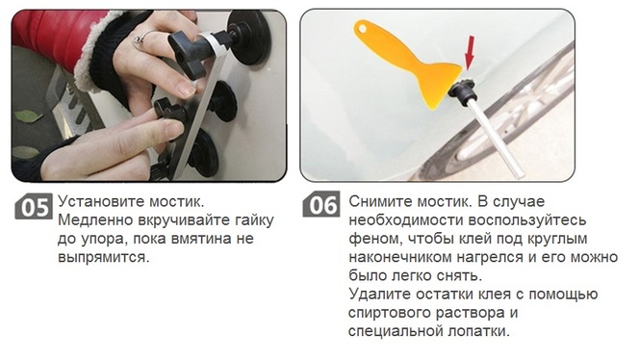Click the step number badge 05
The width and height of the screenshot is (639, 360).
(x=34, y=206)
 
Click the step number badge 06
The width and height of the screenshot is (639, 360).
(x=321, y=204)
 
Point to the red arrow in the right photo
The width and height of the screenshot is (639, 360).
(x=470, y=52)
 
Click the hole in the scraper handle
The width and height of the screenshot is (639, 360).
(x=362, y=28)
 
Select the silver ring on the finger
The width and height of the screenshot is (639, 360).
(x=141, y=39)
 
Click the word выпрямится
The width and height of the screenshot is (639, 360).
(x=103, y=258)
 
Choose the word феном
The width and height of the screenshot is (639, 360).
(x=371, y=239)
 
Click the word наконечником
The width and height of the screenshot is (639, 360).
(x=400, y=258)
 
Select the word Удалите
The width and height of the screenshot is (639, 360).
(x=375, y=294)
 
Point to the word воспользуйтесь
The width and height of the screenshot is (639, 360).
(x=527, y=220)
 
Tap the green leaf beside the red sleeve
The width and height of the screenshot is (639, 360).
(x=28, y=116)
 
